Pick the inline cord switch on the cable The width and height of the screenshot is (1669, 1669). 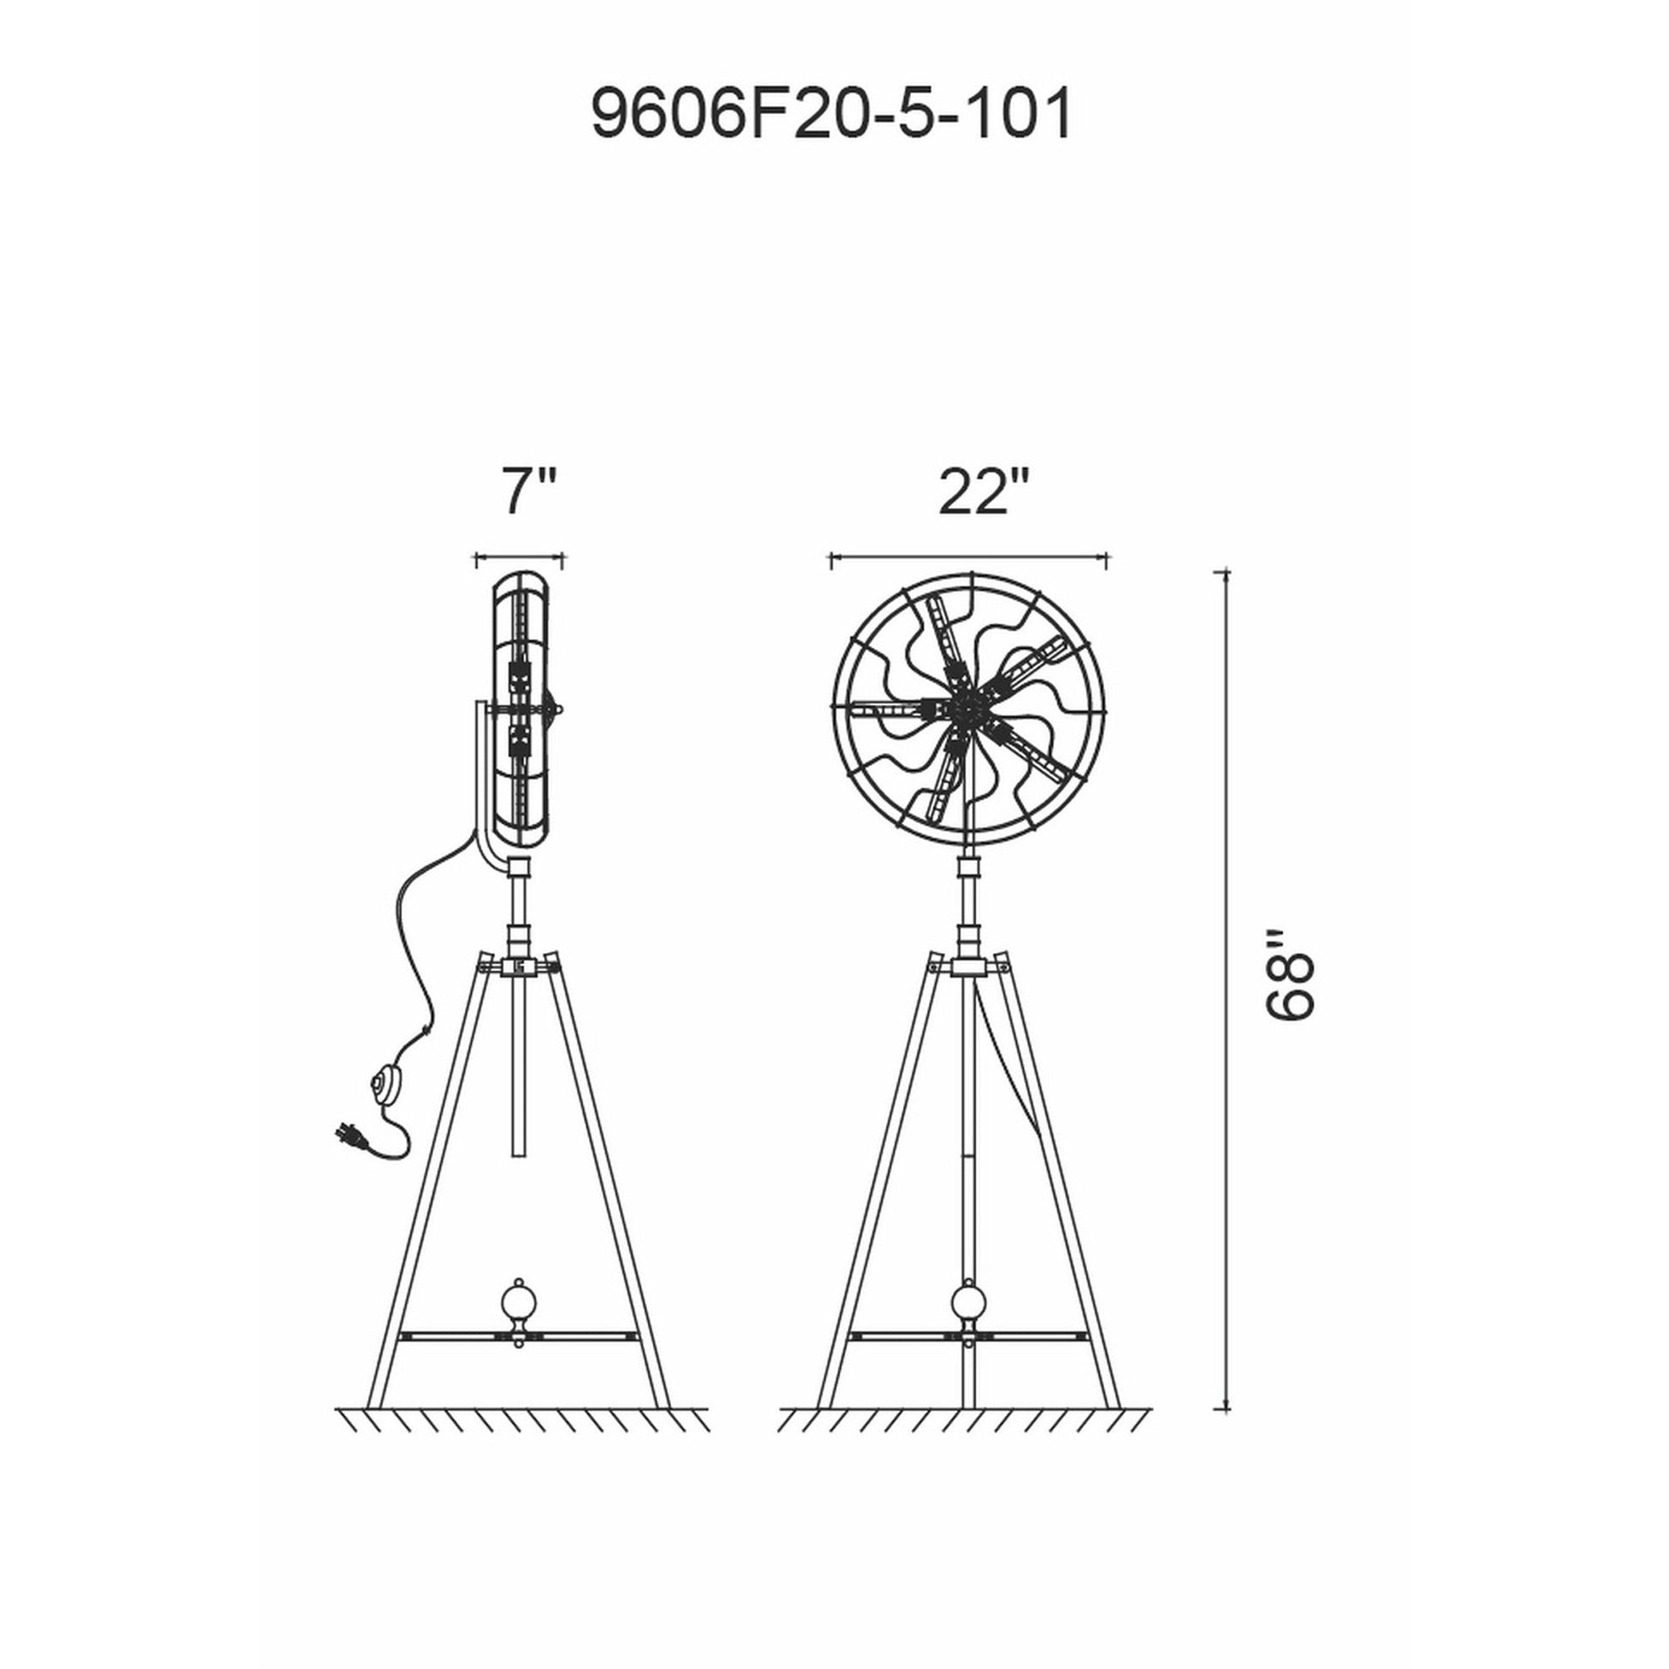385,1086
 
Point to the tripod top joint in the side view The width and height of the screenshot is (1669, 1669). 518,966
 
